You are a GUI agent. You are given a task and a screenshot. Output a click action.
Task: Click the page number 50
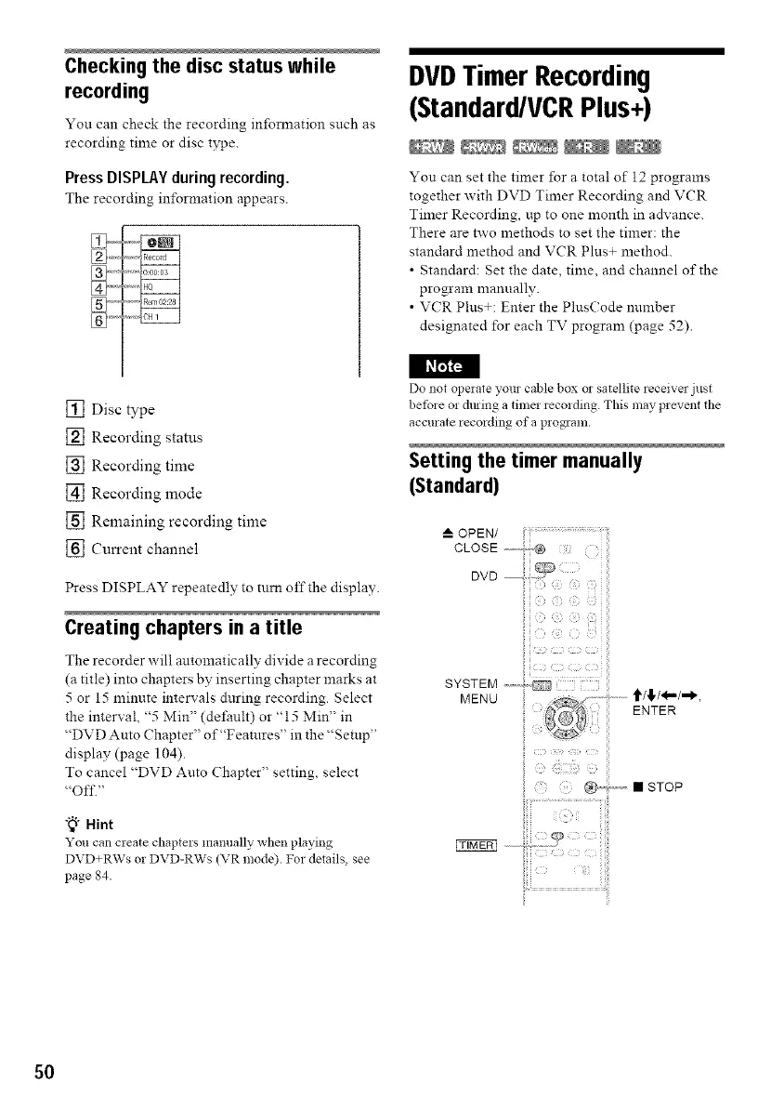[45, 1072]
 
